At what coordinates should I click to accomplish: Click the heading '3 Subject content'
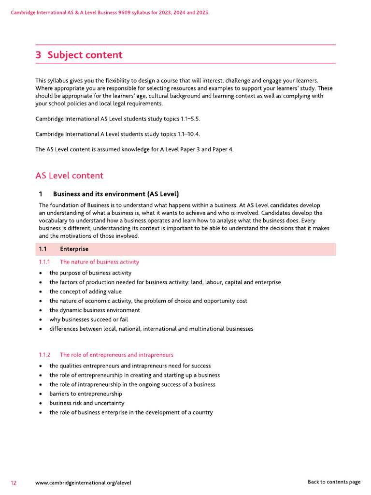pos(79,55)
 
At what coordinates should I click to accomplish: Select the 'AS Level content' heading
pos(69,175)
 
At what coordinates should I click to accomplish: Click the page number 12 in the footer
pos(14,482)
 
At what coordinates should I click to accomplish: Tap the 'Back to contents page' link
pos(334,482)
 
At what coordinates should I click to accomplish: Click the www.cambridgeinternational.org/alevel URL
pos(83,482)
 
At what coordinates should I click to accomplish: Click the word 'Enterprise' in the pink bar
pos(74,249)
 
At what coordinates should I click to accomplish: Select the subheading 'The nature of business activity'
pos(100,262)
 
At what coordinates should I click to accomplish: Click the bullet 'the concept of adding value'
pos(86,291)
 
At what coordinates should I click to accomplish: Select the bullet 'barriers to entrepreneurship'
pos(86,394)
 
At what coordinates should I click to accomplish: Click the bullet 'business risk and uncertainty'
pos(86,403)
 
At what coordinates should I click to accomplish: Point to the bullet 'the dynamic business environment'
pos(95,310)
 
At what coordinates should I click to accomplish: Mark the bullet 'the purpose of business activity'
pos(90,273)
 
